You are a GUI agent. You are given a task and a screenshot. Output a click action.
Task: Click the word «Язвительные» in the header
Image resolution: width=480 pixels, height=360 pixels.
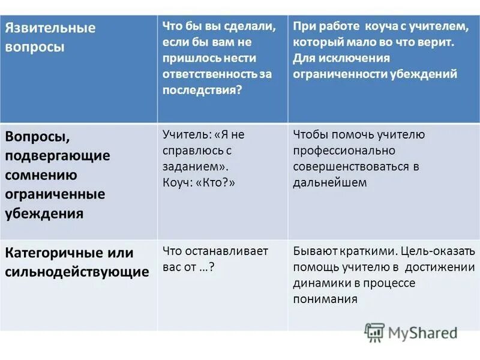(50, 28)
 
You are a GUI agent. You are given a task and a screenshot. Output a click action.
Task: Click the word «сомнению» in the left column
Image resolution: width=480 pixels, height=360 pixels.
(41, 175)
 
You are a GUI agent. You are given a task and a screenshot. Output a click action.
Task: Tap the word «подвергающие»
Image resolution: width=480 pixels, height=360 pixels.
(58, 155)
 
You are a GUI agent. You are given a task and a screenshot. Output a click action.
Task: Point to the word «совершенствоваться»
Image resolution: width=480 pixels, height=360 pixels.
(351, 167)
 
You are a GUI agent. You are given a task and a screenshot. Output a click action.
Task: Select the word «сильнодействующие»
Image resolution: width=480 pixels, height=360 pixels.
(77, 272)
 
